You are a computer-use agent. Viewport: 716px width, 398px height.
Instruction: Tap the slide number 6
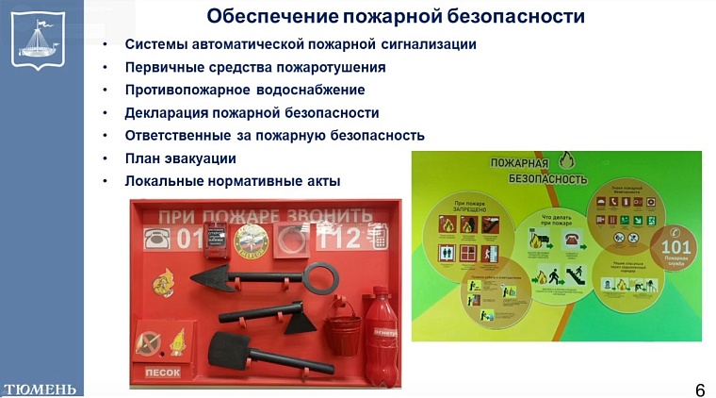point(699,390)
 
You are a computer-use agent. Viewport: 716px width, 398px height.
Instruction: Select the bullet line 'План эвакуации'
point(180,158)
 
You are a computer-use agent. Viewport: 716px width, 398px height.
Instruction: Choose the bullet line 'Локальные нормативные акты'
point(232,180)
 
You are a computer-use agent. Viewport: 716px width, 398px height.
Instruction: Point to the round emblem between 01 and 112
point(252,240)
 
